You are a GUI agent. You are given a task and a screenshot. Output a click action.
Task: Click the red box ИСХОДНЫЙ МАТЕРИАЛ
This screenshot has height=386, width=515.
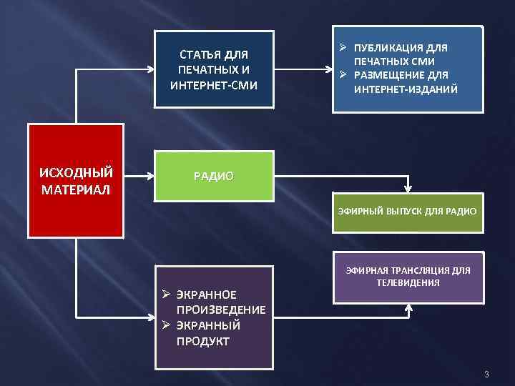click(x=77, y=181)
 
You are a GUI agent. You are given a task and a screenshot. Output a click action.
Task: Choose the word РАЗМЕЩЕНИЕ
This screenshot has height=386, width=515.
click(x=390, y=76)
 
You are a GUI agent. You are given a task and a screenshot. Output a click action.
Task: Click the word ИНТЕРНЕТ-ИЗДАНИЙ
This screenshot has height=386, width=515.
click(x=405, y=89)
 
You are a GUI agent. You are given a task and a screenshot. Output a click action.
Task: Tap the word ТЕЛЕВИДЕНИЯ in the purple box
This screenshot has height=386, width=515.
click(x=407, y=282)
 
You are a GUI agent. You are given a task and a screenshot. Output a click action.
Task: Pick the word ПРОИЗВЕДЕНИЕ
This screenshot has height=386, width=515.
click(x=221, y=310)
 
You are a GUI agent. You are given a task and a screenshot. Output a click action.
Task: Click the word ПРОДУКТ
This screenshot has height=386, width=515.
click(x=202, y=341)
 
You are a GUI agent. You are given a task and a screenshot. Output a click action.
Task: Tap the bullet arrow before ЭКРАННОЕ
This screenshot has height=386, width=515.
click(x=165, y=294)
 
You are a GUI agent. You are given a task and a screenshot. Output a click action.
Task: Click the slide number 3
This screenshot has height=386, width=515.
click(x=486, y=375)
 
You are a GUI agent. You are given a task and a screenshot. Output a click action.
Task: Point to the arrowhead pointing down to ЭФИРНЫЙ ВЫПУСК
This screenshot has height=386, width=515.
click(x=408, y=189)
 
